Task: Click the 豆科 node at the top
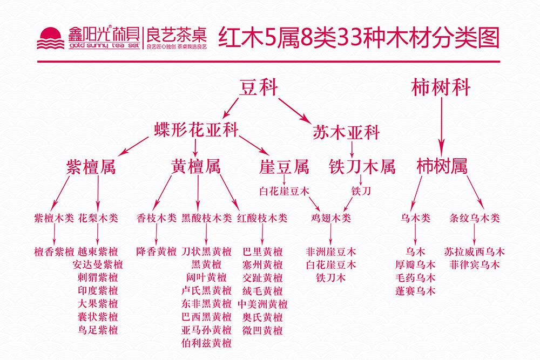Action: (259, 87)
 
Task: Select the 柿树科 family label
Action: (441, 87)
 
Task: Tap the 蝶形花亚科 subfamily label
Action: (195, 130)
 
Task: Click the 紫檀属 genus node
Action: (91, 167)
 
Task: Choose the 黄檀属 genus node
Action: (196, 167)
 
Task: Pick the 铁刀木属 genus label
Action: (362, 167)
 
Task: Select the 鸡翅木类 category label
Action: (330, 219)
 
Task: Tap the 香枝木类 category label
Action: (156, 219)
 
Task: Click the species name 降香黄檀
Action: (156, 252)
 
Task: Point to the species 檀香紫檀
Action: (54, 252)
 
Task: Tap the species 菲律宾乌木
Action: (474, 265)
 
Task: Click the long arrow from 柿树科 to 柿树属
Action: (441, 124)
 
